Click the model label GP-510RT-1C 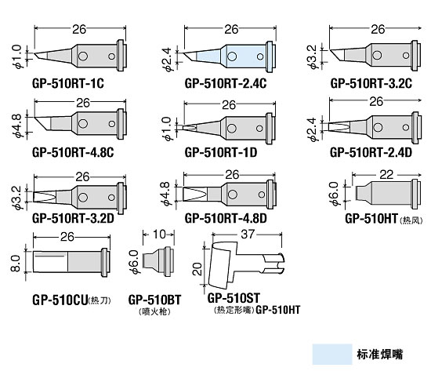68,83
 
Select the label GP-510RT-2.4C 226,83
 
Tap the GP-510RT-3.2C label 371,83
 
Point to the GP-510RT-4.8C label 73,152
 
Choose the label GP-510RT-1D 221,152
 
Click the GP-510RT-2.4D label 371,152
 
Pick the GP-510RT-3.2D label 73,218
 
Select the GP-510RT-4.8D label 226,218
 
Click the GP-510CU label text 60,300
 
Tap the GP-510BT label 154,300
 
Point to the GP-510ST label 234,298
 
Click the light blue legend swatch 332,355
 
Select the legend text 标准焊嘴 380,355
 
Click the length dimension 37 248,235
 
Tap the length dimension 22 386,174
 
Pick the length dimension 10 159,235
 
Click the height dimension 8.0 16,263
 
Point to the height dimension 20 197,269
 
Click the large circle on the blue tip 232,56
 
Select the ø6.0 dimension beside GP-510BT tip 133,262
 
